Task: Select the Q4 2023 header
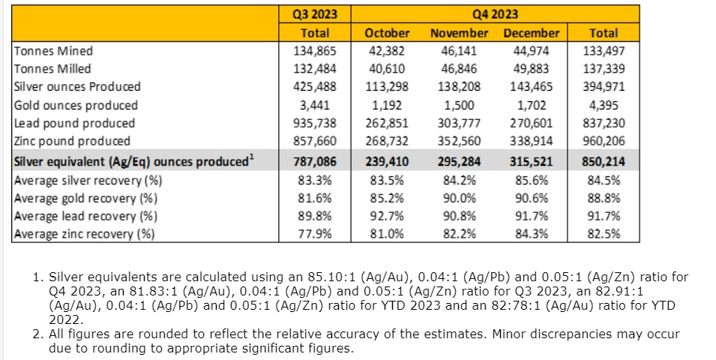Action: click(x=496, y=14)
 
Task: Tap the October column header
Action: click(x=387, y=33)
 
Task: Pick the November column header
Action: click(x=459, y=33)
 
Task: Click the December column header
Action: click(x=532, y=33)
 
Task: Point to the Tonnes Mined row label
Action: click(x=54, y=51)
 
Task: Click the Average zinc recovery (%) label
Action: click(x=84, y=234)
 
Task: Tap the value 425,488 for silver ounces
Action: click(x=316, y=87)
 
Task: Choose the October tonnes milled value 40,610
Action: click(x=387, y=69)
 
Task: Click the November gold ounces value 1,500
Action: click(x=459, y=105)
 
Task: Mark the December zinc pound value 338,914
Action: click(x=532, y=141)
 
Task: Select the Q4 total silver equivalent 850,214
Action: click(x=604, y=161)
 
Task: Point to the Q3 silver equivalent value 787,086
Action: click(x=316, y=161)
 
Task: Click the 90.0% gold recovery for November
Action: click(x=459, y=198)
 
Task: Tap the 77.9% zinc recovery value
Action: click(x=316, y=234)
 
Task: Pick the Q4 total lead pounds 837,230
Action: click(x=604, y=123)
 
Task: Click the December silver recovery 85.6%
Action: click(x=532, y=180)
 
